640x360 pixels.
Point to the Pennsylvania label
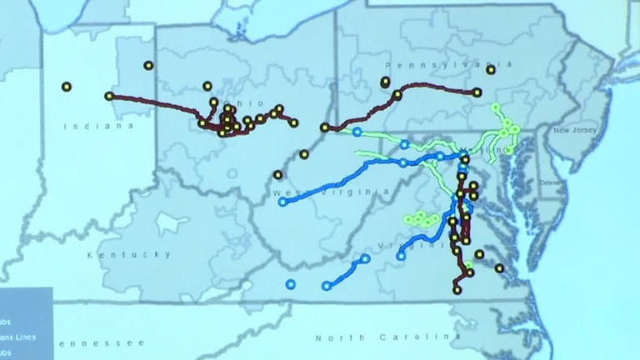pyautogui.click(x=449, y=64)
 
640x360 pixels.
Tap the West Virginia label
pyautogui.click(x=331, y=192)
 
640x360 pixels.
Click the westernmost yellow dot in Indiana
pyautogui.click(x=67, y=86)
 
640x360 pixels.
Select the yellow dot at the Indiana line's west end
pyautogui.click(x=109, y=96)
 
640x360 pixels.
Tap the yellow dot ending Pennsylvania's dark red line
pyautogui.click(x=477, y=92)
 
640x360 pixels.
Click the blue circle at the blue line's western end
pyautogui.click(x=282, y=202)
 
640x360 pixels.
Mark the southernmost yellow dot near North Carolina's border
pyautogui.click(x=457, y=289)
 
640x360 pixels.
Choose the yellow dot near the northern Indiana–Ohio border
pyautogui.click(x=148, y=65)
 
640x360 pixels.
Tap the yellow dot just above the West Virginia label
pyautogui.click(x=277, y=175)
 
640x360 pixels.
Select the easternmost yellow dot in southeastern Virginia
pyautogui.click(x=499, y=268)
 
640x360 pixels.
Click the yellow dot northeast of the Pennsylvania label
pyautogui.click(x=491, y=70)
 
